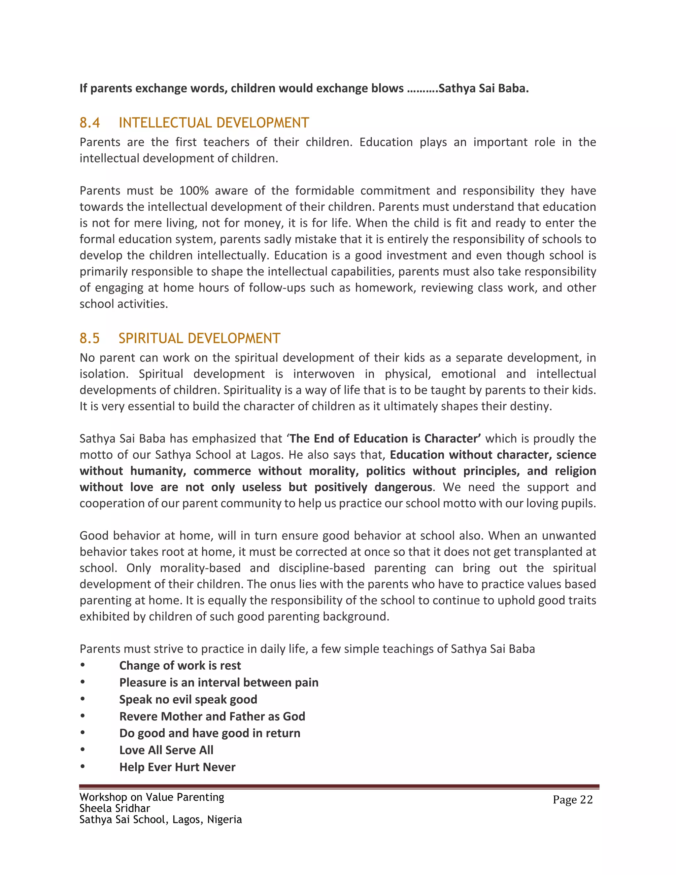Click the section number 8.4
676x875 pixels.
90,122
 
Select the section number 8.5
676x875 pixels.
89,338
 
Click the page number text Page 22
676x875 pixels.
572,800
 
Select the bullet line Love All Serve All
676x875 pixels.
166,750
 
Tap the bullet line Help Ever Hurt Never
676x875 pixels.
177,767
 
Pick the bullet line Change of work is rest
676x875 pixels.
180,665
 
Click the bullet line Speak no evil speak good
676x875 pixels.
188,700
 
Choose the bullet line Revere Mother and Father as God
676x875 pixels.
212,717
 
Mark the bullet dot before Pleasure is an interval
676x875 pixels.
83,682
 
